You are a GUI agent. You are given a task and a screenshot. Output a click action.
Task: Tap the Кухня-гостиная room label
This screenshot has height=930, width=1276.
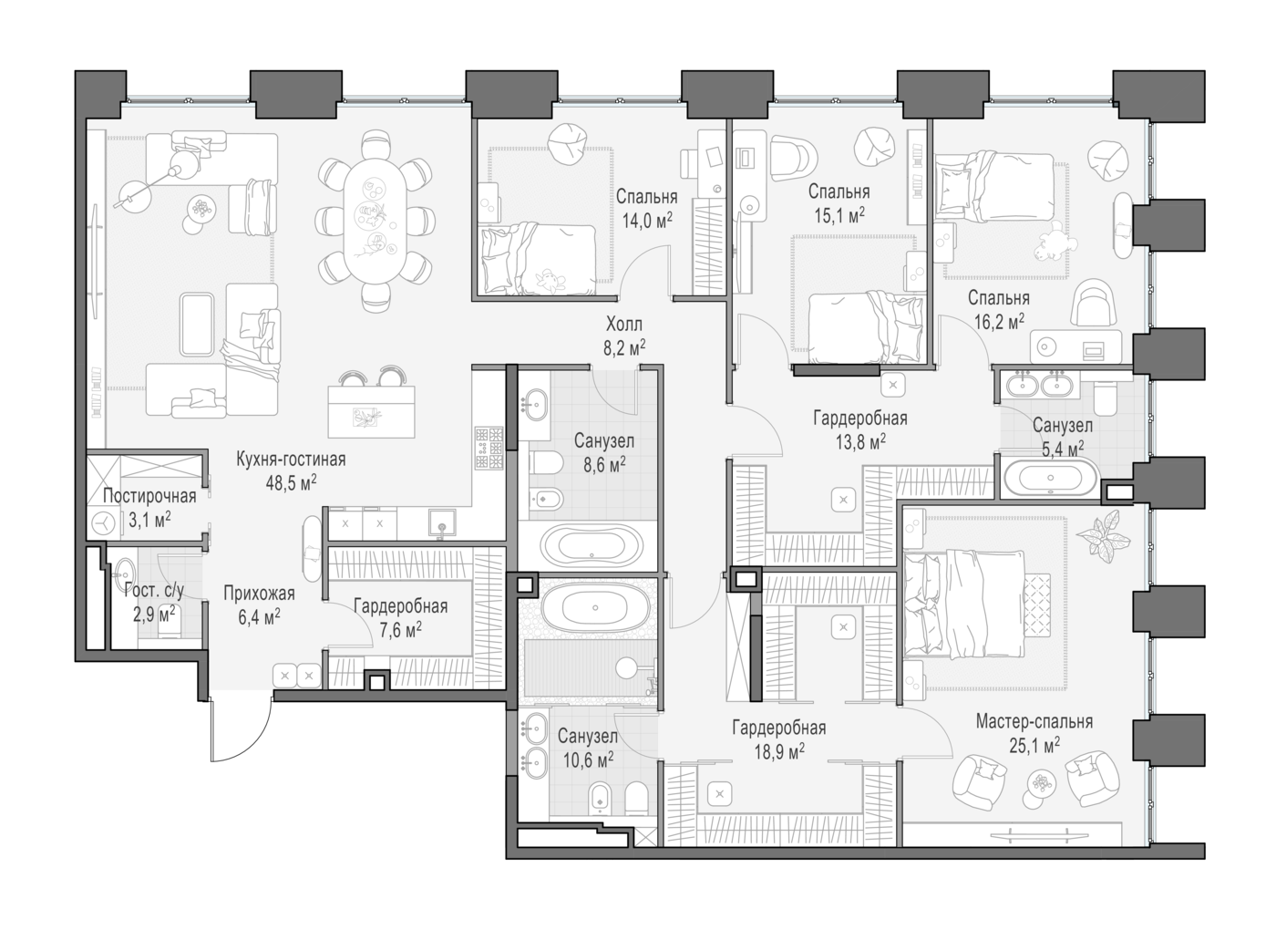point(291,460)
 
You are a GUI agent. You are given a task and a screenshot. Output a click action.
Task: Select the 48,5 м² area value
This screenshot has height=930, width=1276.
point(291,483)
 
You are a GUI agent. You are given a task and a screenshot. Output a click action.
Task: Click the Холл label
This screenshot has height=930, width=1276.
point(624,325)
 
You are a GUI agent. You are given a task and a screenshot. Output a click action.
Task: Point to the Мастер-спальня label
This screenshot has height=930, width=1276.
point(1034,721)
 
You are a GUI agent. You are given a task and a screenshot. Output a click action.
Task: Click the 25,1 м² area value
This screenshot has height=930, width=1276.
point(1034,745)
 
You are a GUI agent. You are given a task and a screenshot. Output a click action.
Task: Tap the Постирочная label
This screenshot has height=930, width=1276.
point(149,496)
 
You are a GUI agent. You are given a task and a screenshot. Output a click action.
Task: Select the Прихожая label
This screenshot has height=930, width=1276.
point(259,594)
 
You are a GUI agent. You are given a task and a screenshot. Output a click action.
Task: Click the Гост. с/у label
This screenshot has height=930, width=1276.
point(154,591)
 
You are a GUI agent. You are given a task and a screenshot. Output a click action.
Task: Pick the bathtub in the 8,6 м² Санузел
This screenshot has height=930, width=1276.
point(592,545)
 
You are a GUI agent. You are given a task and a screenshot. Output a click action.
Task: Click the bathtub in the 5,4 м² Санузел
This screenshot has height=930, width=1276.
point(1050,478)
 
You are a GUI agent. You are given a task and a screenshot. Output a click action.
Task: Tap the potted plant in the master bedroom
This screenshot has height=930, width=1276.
point(1104,532)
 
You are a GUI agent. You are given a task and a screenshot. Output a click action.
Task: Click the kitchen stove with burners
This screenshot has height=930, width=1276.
point(489,448)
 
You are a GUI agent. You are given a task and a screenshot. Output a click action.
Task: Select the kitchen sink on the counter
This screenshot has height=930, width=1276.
point(442,523)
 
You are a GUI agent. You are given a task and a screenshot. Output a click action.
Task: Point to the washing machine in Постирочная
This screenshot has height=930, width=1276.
point(105,522)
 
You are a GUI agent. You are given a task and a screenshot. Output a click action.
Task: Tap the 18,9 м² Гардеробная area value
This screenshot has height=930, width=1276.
point(779,751)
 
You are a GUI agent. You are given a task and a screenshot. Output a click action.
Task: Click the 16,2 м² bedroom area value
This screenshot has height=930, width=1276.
point(999,321)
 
